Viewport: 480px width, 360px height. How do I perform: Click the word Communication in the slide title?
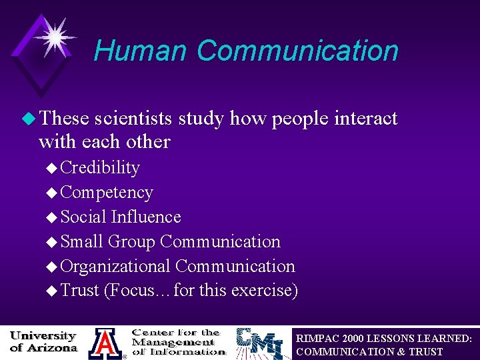point(297,51)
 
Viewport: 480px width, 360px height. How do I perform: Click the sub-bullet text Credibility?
point(100,167)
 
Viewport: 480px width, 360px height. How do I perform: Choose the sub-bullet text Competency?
point(107,192)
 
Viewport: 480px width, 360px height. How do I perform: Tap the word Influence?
point(146,217)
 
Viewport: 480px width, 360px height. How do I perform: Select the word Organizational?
point(115,266)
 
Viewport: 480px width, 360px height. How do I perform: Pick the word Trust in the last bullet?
point(79,291)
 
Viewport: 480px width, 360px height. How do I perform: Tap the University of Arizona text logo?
point(43,341)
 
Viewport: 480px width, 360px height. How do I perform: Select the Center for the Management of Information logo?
point(177,341)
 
